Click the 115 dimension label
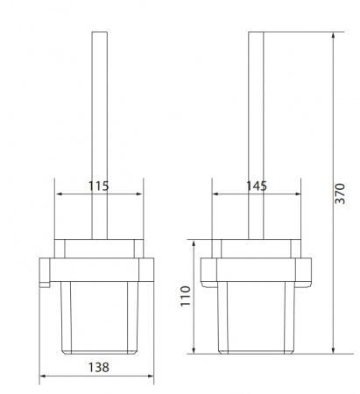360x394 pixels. pos(98,186)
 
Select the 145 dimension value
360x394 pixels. pos(257,186)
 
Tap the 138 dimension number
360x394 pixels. pos(99,368)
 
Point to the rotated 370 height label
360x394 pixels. pos(340,193)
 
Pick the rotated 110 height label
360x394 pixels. pos(186,296)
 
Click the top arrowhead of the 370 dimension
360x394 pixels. pos(333,35)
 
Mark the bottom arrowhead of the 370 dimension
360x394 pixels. pos(333,350)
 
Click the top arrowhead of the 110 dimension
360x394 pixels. pos(194,243)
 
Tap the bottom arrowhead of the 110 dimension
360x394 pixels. pos(194,350)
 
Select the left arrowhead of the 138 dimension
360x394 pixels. pos(43,376)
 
